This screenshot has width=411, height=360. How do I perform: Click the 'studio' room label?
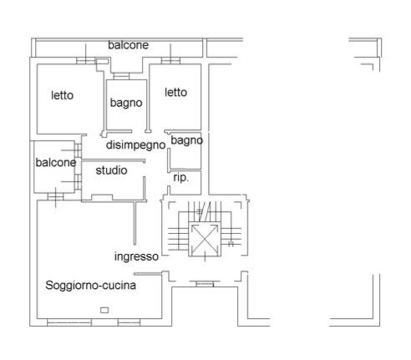111,170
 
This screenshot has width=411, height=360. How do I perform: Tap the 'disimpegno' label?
136,145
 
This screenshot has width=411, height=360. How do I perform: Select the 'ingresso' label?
136,256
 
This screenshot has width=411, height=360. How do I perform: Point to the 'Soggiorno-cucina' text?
90,285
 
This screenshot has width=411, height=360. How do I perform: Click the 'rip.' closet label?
180,178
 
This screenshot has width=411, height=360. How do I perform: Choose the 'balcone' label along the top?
128,45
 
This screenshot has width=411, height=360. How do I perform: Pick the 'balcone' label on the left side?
56,163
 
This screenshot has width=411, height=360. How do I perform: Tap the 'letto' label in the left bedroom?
62,95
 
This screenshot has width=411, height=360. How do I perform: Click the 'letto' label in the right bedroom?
175,93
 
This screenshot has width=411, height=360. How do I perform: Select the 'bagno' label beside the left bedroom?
126,103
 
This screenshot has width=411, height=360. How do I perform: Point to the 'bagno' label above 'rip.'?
186,140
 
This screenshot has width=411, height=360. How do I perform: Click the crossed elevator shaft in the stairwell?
205,239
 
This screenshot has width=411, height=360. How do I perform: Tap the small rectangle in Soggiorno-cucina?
104,310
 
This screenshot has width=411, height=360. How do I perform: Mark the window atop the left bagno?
121,76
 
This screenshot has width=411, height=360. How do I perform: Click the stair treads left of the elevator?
179,239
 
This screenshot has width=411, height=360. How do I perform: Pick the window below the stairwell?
205,284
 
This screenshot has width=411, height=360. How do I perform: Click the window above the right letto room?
170,60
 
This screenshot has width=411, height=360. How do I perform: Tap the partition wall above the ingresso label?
135,223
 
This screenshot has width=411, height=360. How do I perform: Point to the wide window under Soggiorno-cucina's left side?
69,322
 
